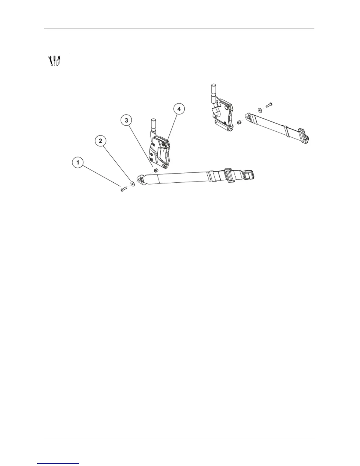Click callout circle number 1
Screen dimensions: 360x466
pyautogui.click(x=78, y=162)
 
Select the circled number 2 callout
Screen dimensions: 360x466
pyautogui.click(x=101, y=141)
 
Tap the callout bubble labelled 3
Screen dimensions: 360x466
pyautogui.click(x=126, y=120)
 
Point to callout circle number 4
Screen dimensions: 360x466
pyautogui.click(x=179, y=109)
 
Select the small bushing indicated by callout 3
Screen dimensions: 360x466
pyautogui.click(x=156, y=170)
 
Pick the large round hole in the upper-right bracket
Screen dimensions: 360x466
pyautogui.click(x=226, y=108)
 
